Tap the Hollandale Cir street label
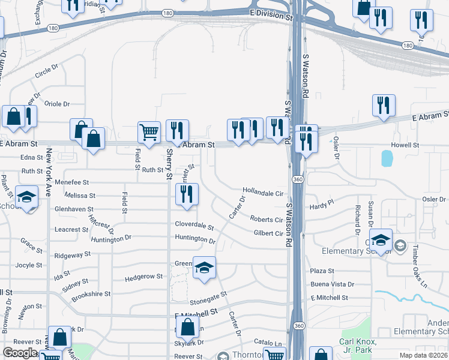tap(262, 193)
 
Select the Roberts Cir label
tap(266, 220)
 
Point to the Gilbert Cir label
tap(268, 233)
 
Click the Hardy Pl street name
tap(321, 206)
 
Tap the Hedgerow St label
tap(143, 277)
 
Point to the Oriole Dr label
tap(58, 104)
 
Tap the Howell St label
tap(405, 145)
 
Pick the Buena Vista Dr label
tap(332, 284)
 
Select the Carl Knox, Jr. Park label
tap(358, 346)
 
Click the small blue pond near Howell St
tap(387, 158)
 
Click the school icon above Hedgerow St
tap(204, 268)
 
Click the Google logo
tap(20, 353)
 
